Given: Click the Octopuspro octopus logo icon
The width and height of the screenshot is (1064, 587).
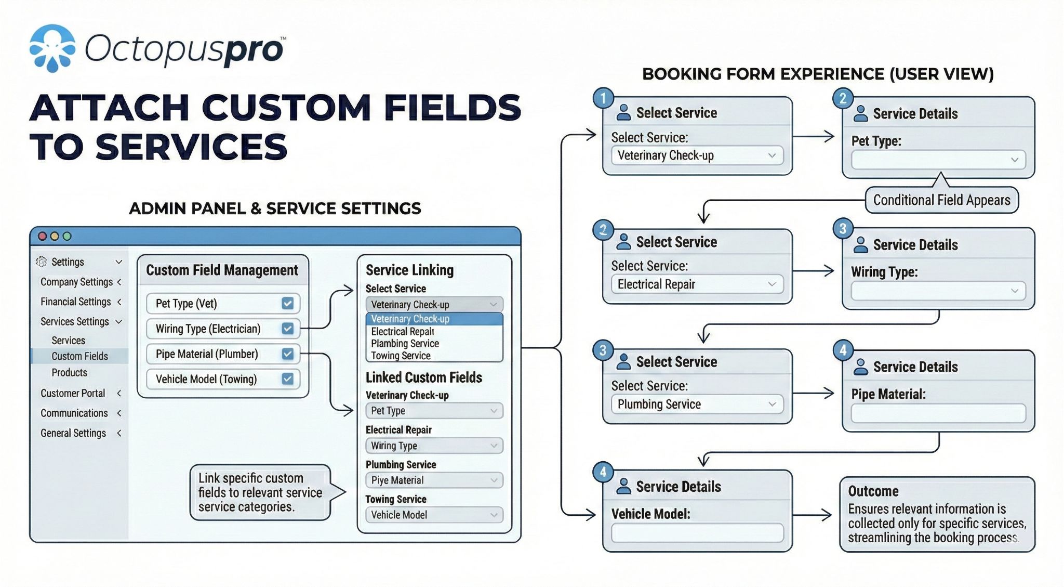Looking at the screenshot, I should [x=52, y=48].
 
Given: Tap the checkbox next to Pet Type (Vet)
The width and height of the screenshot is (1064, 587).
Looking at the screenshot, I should [x=287, y=303].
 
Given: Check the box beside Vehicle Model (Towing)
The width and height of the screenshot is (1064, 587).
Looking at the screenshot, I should [x=287, y=379].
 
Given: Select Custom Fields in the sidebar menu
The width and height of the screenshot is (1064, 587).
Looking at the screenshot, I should [x=79, y=356].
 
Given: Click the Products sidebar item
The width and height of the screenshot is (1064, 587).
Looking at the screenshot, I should [x=69, y=372].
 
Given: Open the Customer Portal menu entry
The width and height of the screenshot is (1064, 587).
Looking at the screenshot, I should [x=73, y=393].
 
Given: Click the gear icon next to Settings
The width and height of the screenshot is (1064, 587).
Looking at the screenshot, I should [x=41, y=262].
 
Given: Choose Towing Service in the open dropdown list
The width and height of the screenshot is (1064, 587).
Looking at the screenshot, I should [x=401, y=356].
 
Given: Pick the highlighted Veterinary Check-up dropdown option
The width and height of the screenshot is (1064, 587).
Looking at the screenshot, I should [x=410, y=319].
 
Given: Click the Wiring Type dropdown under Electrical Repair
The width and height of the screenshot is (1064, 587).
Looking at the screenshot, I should [x=434, y=446].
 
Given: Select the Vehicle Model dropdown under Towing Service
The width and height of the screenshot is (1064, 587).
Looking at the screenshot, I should [x=434, y=515].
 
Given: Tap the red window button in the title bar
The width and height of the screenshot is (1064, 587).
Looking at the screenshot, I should [x=43, y=236].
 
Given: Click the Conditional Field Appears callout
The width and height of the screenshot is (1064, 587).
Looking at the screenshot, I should [x=941, y=200].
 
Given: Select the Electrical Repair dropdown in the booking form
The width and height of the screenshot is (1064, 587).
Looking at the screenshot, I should [x=697, y=284].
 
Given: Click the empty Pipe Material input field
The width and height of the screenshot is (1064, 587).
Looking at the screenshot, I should [x=938, y=413].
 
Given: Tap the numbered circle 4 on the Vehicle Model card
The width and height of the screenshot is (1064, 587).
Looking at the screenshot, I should [x=603, y=472].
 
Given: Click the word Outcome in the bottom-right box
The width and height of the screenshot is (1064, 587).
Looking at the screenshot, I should [x=873, y=491].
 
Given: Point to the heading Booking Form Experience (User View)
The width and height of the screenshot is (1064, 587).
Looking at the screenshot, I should [x=818, y=74].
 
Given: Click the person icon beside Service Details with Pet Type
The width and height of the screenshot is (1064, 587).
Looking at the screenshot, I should [x=860, y=113].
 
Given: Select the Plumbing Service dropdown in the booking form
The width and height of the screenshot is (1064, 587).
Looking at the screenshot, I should [x=697, y=404].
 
